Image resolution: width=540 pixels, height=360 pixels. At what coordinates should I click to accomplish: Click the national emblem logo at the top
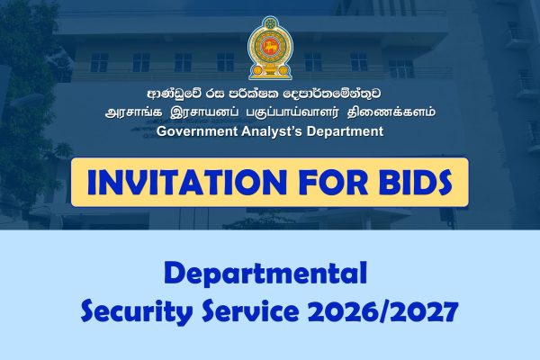[269, 46]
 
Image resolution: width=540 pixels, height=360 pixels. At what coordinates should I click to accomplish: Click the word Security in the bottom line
[131, 311]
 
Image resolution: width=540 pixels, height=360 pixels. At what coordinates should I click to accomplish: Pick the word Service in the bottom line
[247, 311]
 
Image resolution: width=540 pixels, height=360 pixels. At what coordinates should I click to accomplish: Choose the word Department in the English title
[347, 131]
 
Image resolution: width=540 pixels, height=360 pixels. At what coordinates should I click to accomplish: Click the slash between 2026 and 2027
[382, 311]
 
